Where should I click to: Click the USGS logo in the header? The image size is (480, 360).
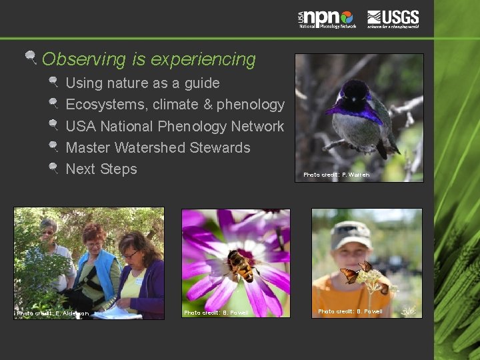(393, 19)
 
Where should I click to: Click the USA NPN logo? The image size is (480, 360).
(327, 19)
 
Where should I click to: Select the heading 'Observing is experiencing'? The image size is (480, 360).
(149, 59)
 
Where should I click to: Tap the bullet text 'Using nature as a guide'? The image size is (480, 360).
(143, 83)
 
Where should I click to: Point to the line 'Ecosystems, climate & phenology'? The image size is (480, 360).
(175, 105)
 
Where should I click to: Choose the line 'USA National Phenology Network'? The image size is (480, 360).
(175, 126)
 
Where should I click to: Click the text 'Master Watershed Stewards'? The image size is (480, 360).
(158, 147)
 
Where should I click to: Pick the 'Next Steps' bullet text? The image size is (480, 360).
(101, 169)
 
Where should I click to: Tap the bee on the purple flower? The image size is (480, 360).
(242, 265)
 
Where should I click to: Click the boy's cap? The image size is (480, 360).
(351, 233)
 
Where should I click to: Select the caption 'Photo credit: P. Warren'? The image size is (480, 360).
(336, 175)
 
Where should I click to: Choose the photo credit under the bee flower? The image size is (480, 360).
(216, 313)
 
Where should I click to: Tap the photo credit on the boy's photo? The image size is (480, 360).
(350, 311)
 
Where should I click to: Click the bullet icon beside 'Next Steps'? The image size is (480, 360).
(54, 168)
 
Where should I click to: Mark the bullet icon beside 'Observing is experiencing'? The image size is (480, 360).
(31, 59)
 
